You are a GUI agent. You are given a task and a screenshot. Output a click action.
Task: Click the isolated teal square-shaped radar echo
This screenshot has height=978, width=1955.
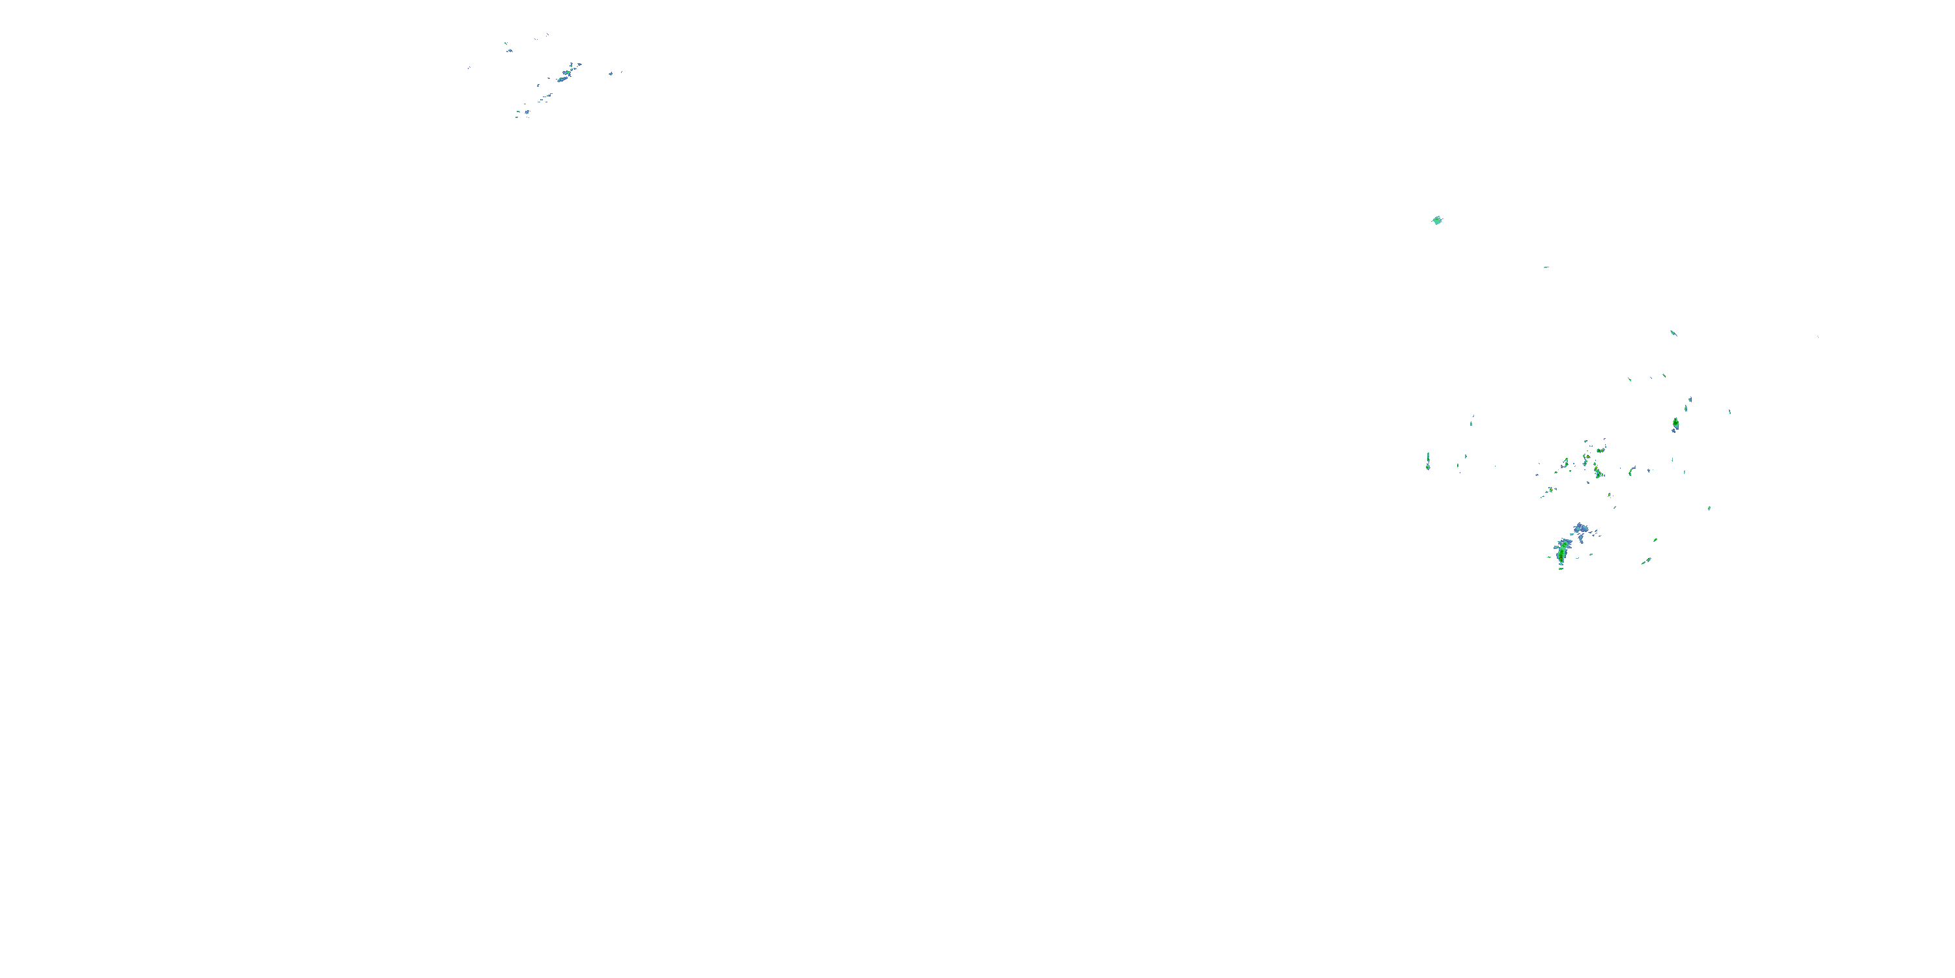point(1437,220)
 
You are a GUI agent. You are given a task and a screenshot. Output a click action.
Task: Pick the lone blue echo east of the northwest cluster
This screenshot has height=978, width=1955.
point(611,74)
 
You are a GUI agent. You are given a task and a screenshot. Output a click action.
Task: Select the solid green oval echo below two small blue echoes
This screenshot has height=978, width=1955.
point(1675,423)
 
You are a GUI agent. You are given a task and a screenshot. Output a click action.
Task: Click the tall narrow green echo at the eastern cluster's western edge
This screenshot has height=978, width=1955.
point(1428,461)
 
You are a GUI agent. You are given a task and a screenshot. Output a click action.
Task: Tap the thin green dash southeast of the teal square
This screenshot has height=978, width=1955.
point(1546,267)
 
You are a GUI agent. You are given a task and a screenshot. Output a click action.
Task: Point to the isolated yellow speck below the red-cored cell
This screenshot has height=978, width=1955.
point(1609,495)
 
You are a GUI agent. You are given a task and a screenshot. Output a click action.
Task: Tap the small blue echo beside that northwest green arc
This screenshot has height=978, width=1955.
point(527,112)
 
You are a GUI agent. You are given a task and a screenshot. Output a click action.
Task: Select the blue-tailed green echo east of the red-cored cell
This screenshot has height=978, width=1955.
point(1632,471)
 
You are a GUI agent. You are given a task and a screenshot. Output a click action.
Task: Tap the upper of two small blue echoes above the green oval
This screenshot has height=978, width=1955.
point(1690,400)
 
